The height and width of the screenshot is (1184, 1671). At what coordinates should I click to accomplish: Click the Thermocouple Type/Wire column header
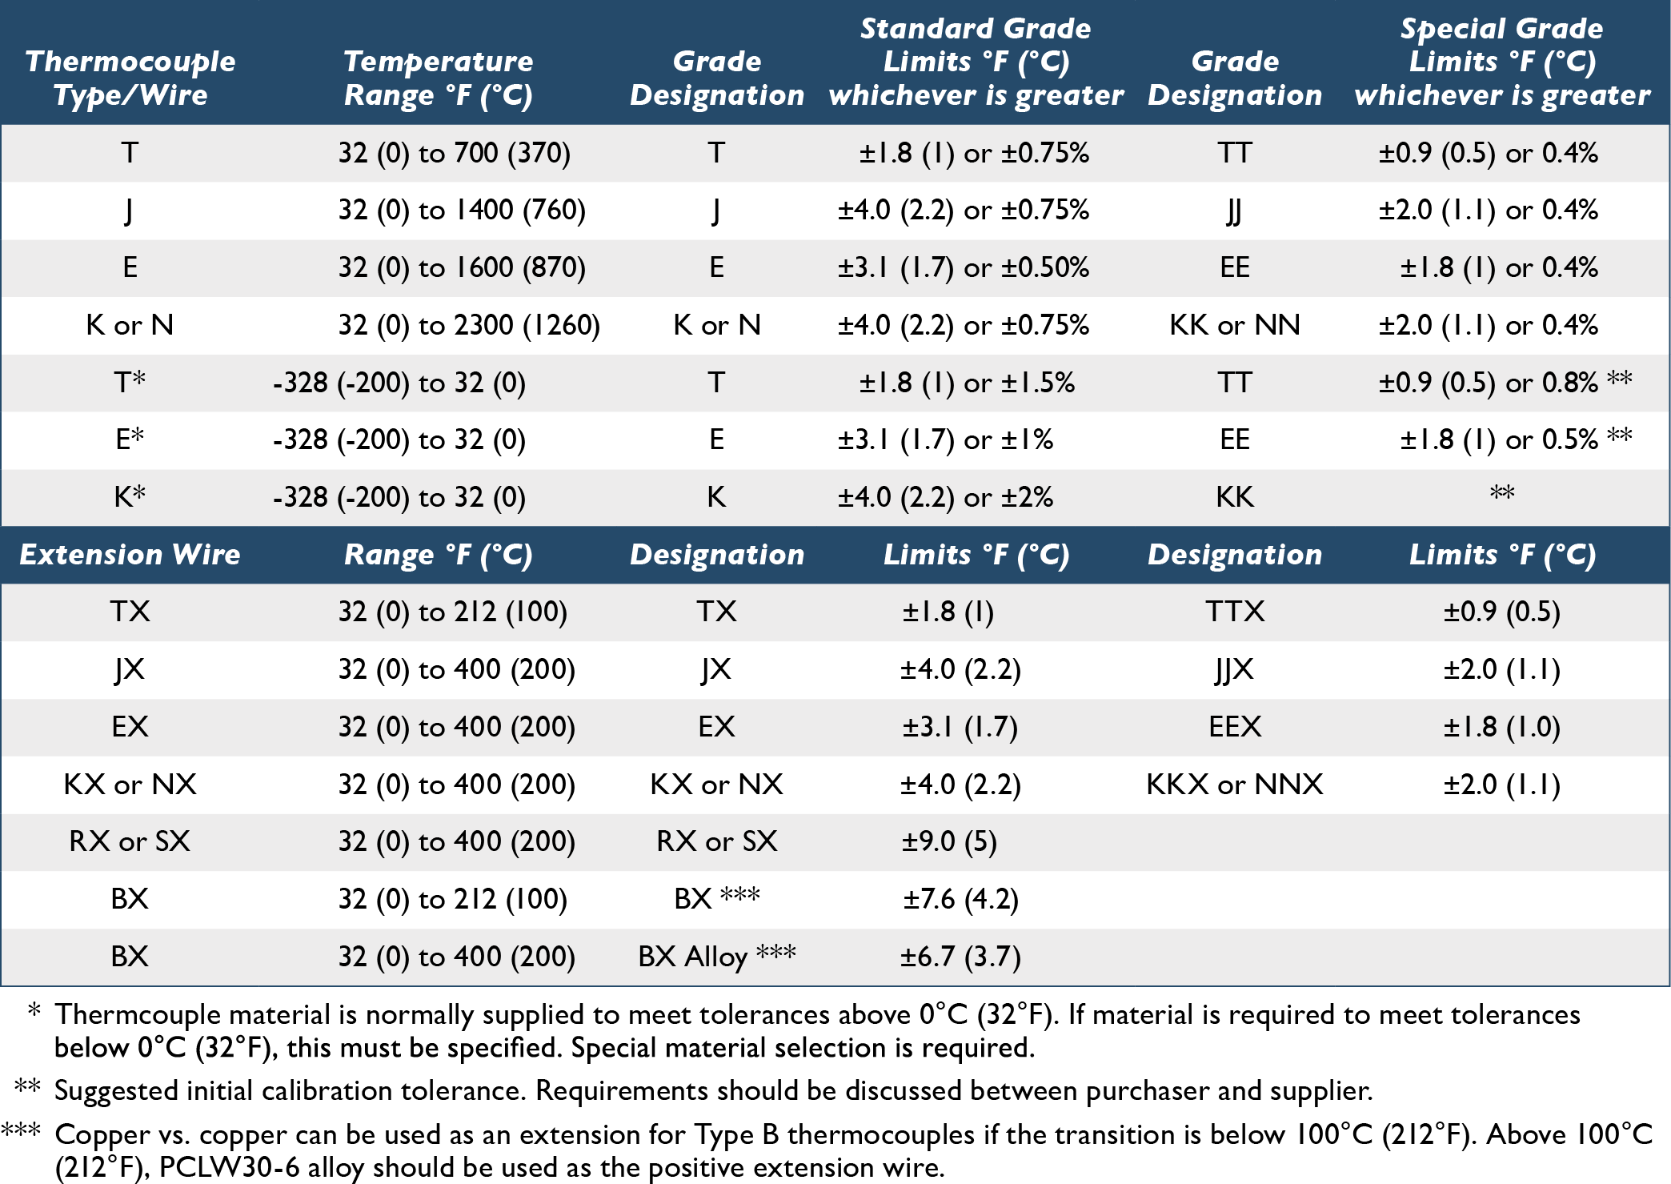[x=130, y=78]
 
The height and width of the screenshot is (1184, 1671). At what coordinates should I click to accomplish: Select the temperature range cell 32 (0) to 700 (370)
[x=455, y=152]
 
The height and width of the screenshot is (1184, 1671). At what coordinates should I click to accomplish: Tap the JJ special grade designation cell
[x=1234, y=211]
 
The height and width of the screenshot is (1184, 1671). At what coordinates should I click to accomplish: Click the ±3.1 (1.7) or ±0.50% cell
[x=964, y=267]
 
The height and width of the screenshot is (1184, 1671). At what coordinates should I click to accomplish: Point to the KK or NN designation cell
[x=1235, y=325]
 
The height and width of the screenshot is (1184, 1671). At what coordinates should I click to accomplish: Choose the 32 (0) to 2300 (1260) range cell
[x=469, y=325]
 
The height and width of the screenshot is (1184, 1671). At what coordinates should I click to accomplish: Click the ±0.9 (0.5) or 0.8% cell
[x=1489, y=382]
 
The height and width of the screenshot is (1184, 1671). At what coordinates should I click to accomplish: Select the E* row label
[x=130, y=439]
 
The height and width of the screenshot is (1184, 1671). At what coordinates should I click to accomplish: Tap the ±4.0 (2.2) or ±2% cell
[x=945, y=497]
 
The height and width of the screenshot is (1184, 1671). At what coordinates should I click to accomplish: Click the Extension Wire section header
[x=130, y=555]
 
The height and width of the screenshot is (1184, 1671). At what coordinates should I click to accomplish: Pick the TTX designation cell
[x=1235, y=612]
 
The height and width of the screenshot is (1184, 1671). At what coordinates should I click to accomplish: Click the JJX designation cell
[x=1234, y=669]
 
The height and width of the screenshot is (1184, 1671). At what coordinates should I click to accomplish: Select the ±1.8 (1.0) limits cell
[x=1502, y=727]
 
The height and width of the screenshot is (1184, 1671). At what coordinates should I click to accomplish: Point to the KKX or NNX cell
[x=1235, y=784]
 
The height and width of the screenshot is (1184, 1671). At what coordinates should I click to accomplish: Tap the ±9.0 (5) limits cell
[x=949, y=841]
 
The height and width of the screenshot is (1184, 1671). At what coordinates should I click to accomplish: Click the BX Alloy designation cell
[x=717, y=956]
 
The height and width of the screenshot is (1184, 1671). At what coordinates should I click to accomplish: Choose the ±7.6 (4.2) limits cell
[x=960, y=899]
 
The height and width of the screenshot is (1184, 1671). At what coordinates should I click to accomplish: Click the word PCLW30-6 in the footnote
[x=230, y=1167]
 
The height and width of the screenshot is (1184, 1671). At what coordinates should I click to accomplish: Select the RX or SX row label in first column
[x=130, y=841]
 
